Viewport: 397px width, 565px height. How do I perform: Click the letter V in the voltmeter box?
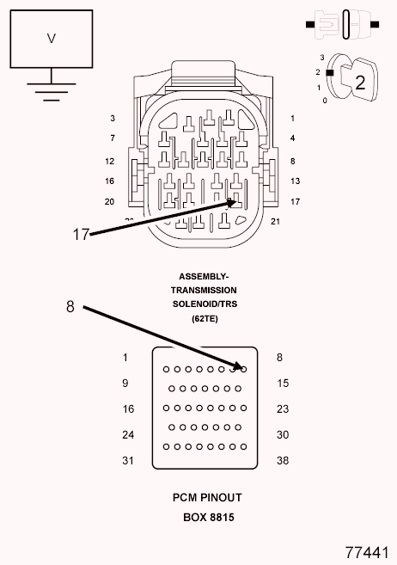(x=52, y=38)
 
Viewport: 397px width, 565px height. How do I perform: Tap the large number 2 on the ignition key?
(x=360, y=83)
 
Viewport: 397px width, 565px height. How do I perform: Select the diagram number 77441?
(x=367, y=552)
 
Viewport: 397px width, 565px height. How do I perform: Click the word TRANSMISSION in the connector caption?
(x=204, y=290)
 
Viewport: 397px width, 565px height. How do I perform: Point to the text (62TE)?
(x=205, y=318)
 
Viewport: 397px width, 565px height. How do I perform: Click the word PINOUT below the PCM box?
(x=221, y=498)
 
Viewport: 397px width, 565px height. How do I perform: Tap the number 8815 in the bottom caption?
(x=222, y=518)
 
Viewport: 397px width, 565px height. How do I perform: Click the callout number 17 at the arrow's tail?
(x=81, y=235)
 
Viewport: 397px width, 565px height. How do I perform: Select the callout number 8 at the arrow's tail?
(x=70, y=307)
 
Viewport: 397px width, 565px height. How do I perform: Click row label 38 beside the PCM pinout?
(x=283, y=460)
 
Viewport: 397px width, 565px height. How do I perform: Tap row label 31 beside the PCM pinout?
(x=128, y=460)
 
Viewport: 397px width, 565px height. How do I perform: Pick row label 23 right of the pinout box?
(x=283, y=409)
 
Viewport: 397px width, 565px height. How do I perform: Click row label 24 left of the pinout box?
(x=128, y=435)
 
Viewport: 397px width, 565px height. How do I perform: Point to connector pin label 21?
(x=275, y=222)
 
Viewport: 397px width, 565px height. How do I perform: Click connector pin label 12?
(x=110, y=161)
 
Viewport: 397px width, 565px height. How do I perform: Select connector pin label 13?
(x=295, y=181)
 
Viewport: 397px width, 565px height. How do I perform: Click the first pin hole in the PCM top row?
(x=166, y=369)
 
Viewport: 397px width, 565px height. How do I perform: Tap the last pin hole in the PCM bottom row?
(x=244, y=447)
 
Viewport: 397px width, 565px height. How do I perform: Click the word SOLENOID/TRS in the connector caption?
(x=205, y=304)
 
